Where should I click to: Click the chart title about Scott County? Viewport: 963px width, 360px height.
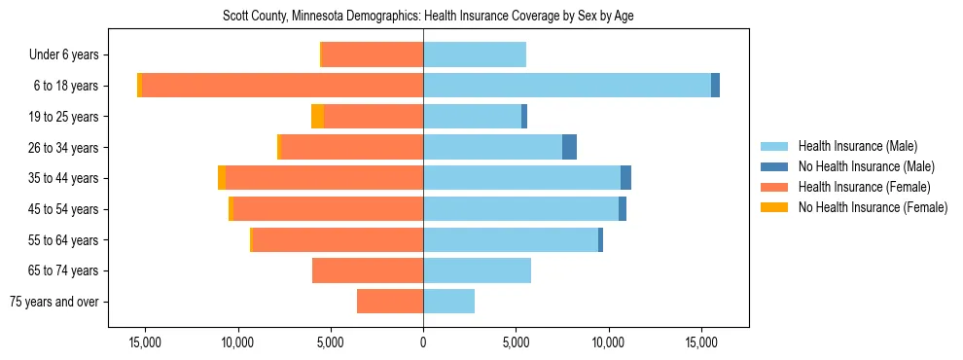pyautogui.click(x=423, y=17)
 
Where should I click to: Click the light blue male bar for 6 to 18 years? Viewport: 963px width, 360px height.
pyautogui.click(x=566, y=86)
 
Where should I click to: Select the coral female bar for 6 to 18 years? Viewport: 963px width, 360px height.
pyautogui.click(x=282, y=86)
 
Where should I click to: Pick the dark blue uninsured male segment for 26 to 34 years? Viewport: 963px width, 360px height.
pyautogui.click(x=569, y=147)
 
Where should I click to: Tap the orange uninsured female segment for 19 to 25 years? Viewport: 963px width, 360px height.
pyautogui.click(x=317, y=117)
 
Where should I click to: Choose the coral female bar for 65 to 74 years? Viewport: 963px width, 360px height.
pyautogui.click(x=368, y=270)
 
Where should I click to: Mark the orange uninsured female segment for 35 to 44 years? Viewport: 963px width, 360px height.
pyautogui.click(x=222, y=178)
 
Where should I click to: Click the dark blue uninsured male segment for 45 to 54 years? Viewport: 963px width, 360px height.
pyautogui.click(x=623, y=209)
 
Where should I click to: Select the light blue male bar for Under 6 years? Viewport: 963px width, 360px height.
pyautogui.click(x=475, y=54)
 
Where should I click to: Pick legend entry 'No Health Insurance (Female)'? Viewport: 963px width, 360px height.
pyautogui.click(x=873, y=207)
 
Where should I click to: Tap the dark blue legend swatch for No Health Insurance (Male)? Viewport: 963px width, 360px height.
pyautogui.click(x=774, y=166)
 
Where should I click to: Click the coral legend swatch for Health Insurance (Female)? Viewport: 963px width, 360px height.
pyautogui.click(x=774, y=187)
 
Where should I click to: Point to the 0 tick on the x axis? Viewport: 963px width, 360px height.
pyautogui.click(x=423, y=342)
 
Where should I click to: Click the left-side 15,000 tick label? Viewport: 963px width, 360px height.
pyautogui.click(x=145, y=342)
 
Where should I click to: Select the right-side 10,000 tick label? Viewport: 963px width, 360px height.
pyautogui.click(x=608, y=342)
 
